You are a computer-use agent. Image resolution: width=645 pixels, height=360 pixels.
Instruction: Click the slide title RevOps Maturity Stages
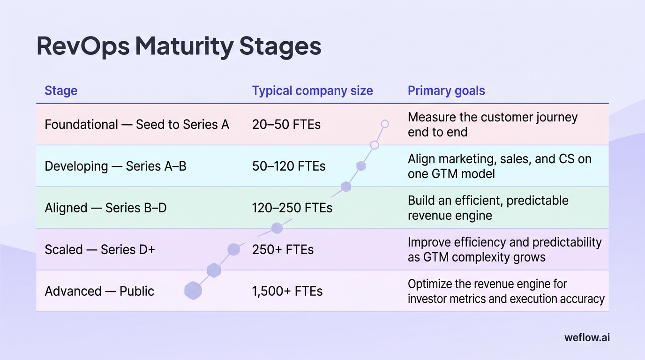point(179,46)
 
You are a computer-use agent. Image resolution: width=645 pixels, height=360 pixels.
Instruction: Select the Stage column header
point(61,90)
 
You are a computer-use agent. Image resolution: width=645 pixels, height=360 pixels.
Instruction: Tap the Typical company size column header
point(312,90)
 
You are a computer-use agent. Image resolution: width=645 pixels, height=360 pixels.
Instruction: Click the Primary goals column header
point(446,90)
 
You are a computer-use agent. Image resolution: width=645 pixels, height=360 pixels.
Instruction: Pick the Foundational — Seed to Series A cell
point(137,125)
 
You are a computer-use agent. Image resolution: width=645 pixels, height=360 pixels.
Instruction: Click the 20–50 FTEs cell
point(286,125)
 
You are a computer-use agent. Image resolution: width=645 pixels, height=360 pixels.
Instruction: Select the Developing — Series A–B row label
point(115,166)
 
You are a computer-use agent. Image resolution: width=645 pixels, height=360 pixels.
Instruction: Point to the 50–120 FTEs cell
point(289,166)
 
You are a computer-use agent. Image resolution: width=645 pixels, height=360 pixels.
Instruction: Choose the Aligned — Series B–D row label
point(105,208)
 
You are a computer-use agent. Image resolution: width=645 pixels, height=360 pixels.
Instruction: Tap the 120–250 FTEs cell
point(292,208)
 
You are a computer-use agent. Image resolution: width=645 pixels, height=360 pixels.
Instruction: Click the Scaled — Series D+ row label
point(99,249)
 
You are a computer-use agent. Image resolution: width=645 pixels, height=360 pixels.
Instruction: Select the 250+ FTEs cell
point(283,249)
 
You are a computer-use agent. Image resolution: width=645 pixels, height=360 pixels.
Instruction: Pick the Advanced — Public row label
point(99,291)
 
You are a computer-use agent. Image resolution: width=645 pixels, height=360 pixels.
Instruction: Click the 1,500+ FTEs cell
point(287,291)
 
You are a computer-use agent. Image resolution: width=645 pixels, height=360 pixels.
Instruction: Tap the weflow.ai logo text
point(587,337)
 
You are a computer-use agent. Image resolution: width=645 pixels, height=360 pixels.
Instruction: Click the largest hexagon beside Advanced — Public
point(193,291)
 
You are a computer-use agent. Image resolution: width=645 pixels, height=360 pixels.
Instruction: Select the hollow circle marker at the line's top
point(385,124)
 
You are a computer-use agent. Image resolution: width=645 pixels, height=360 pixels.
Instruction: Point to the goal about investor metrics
point(506,291)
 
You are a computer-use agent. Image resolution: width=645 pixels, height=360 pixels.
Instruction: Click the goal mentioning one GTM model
point(499,166)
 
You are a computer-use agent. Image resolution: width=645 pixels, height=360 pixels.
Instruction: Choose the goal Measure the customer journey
point(492,124)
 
